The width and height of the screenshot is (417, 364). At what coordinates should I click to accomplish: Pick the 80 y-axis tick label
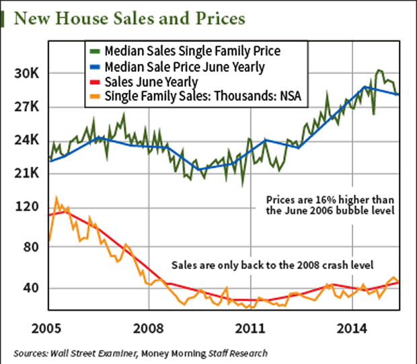click(x=26, y=248)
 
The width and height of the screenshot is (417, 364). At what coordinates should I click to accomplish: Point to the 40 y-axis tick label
click(x=26, y=288)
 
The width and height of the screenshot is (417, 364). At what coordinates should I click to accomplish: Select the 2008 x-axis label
click(x=150, y=329)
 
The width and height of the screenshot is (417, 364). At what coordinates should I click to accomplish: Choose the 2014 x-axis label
click(x=351, y=329)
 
